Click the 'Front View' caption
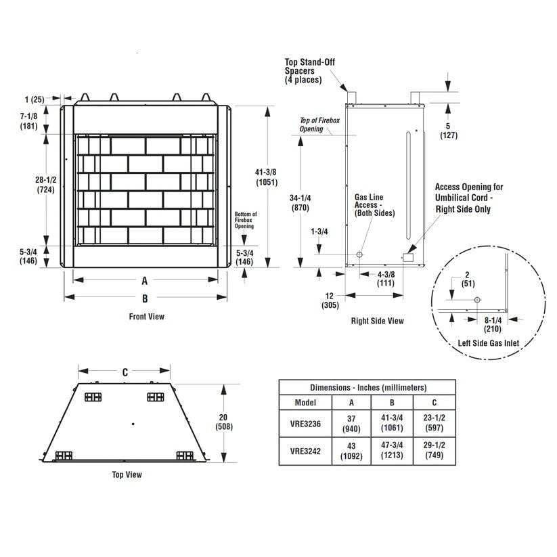pos(146,316)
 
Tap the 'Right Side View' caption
pos(377,321)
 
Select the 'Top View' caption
pos(127,474)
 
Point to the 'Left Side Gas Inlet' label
pos(488,343)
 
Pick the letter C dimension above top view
pos(125,372)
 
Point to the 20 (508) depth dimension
pos(224,422)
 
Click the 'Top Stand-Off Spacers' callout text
pos(309,70)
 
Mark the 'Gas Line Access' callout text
pos(374,205)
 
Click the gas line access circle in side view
pos(359,254)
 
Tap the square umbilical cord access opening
pos(408,257)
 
